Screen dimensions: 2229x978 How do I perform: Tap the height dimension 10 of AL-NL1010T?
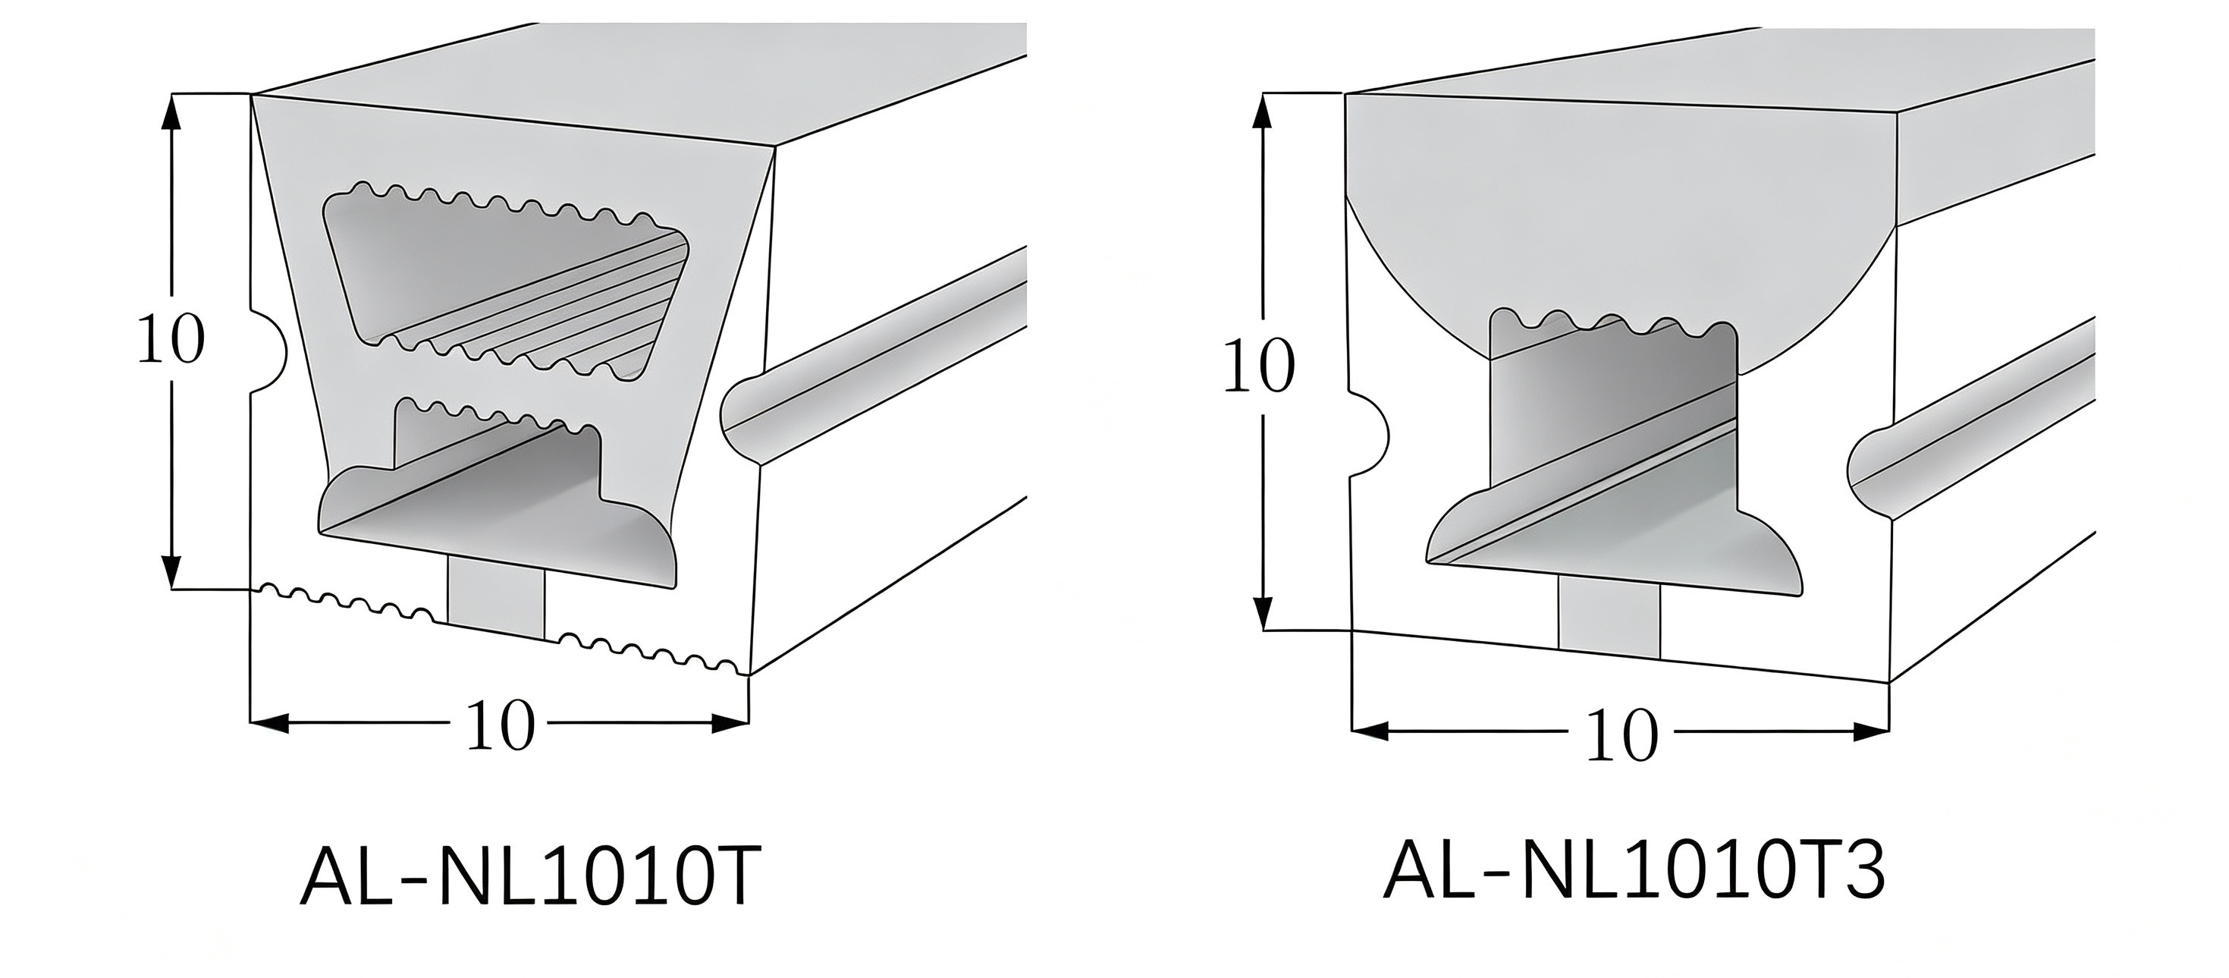click(171, 338)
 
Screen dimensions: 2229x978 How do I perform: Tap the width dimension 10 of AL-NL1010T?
click(500, 725)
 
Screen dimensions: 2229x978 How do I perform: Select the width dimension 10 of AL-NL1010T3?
click(1622, 734)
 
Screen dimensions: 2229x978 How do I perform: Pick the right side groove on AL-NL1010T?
click(874, 355)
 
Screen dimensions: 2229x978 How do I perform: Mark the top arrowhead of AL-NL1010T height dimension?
click(172, 111)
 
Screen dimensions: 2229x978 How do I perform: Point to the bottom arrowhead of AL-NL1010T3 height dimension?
click(1264, 611)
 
